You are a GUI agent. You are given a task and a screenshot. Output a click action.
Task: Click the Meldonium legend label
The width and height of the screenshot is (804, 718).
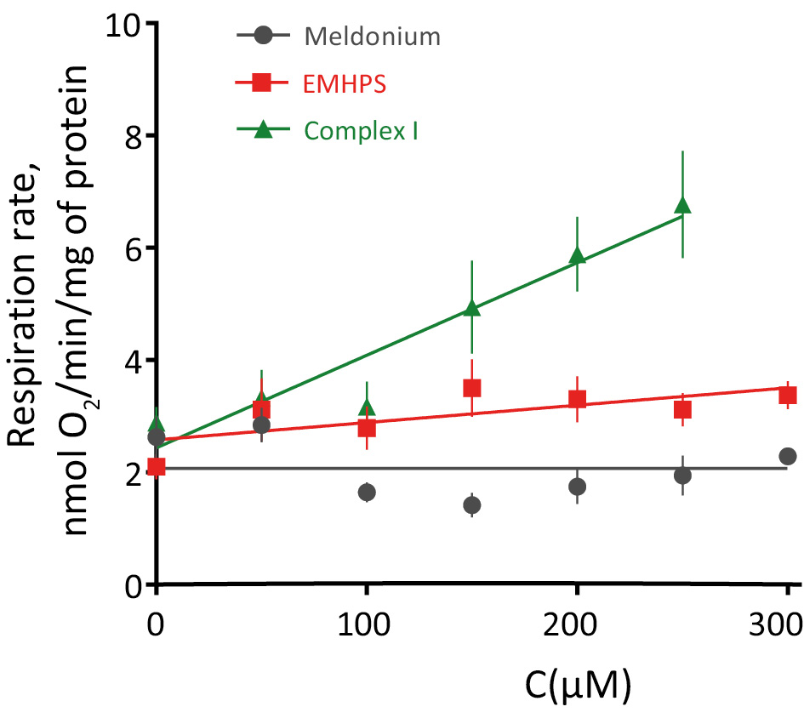click(x=372, y=37)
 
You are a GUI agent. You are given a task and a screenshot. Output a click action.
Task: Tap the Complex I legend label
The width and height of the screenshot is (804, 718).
click(x=360, y=130)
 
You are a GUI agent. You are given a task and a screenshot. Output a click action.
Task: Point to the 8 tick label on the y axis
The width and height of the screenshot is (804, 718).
click(x=131, y=136)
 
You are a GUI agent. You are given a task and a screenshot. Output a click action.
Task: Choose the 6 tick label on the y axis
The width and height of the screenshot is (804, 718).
click(x=131, y=248)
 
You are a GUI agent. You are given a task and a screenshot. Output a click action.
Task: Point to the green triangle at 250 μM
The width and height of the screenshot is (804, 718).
click(x=682, y=205)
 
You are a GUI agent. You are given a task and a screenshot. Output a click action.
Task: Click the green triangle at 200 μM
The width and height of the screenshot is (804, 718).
click(x=578, y=255)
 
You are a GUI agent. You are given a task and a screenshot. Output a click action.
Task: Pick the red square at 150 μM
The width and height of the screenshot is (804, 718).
click(x=472, y=388)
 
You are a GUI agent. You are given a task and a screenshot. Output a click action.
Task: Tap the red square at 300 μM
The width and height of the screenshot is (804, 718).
click(x=788, y=395)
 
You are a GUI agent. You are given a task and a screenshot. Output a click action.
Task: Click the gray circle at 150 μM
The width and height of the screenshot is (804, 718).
click(x=472, y=505)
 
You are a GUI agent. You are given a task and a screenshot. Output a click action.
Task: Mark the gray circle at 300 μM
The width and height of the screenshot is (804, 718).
click(x=788, y=457)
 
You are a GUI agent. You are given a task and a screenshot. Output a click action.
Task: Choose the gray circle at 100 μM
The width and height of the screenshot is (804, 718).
click(x=367, y=492)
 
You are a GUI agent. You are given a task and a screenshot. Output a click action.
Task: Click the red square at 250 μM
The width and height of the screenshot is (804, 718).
click(x=682, y=409)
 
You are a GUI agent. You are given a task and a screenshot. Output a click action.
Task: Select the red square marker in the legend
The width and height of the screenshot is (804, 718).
click(x=263, y=83)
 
